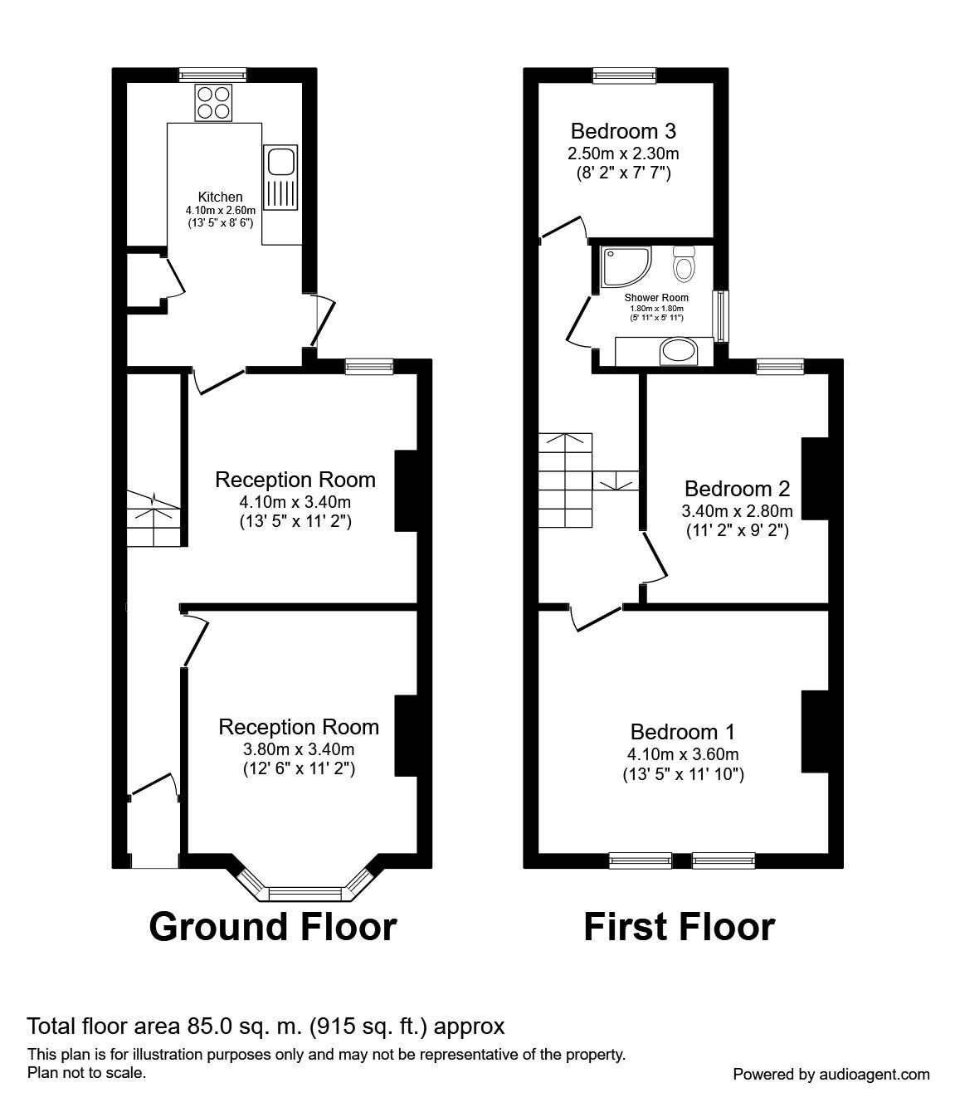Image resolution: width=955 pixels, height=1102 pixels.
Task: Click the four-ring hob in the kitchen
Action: click(x=213, y=103)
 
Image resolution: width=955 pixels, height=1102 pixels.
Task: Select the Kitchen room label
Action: click(x=220, y=196)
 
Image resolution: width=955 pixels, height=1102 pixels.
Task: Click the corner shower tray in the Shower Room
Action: click(x=626, y=266)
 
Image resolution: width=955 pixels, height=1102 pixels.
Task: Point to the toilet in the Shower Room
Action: click(x=685, y=264)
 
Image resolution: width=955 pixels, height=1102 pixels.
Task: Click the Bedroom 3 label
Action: click(x=623, y=131)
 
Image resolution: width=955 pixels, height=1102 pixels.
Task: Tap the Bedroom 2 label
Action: click(x=738, y=489)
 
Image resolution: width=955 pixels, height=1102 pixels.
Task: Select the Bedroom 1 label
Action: click(x=683, y=732)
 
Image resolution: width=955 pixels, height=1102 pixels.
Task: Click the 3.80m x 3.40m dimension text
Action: click(x=299, y=749)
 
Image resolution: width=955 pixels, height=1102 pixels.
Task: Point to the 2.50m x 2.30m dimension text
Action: click(x=623, y=154)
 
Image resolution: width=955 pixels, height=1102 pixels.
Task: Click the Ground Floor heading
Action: click(x=273, y=927)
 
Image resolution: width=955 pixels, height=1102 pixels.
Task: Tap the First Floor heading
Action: click(x=680, y=927)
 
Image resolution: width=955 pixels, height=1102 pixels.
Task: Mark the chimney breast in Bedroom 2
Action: click(x=816, y=479)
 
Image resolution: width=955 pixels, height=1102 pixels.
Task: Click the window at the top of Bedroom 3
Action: click(x=625, y=76)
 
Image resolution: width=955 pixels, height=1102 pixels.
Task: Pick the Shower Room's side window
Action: click(x=722, y=315)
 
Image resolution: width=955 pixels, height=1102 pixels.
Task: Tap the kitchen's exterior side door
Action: click(x=323, y=321)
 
